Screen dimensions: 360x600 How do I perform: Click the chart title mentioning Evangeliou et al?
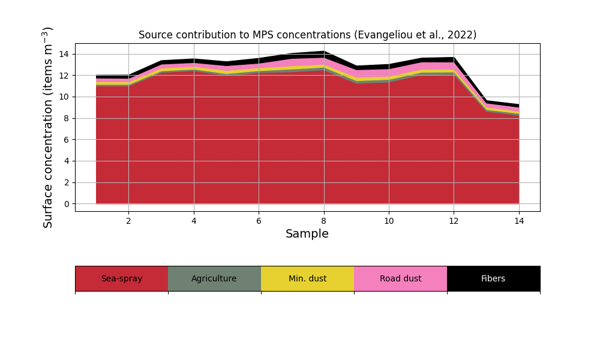point(307,35)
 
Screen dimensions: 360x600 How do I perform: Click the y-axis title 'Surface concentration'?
point(48,127)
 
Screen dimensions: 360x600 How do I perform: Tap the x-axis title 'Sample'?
point(307,234)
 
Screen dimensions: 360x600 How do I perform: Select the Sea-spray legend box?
point(121,278)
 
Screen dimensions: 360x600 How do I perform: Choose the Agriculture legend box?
point(214,278)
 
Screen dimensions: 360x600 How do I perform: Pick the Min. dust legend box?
point(307,278)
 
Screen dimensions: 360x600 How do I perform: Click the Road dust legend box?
point(400,278)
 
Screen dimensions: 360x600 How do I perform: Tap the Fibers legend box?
point(493,278)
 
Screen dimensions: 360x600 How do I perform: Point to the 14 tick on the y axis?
point(64,54)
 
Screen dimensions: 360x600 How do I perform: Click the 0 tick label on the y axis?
point(66,204)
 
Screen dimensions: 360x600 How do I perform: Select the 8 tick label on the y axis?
point(66,118)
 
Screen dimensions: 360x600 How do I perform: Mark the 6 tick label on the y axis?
point(66,140)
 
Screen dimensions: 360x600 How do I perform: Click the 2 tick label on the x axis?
point(128,221)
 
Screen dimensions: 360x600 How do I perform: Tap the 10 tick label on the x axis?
point(389,221)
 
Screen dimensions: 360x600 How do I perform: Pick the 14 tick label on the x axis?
point(519,221)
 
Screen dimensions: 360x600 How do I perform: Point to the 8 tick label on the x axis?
point(324,221)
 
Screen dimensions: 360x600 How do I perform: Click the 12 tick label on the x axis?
point(454,221)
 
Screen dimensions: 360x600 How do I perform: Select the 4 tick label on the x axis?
point(194,221)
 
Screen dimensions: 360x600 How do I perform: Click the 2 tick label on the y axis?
point(66,182)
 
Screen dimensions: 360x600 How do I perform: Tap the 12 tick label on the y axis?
point(64,76)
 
